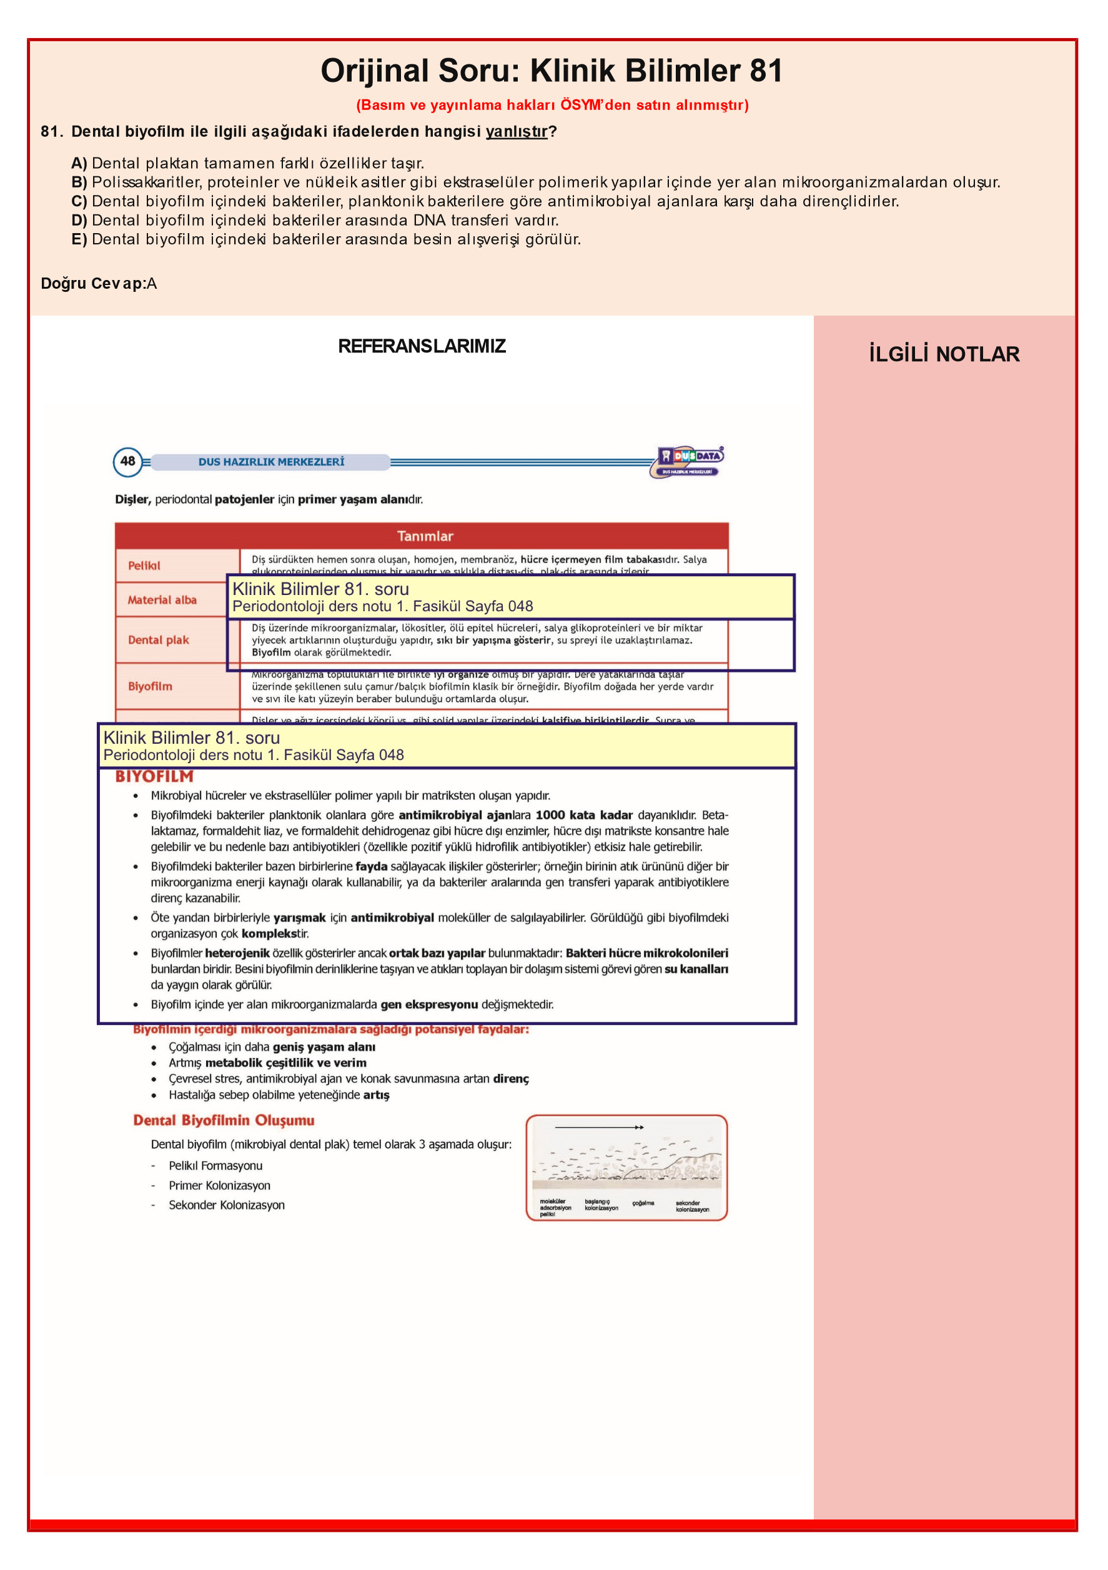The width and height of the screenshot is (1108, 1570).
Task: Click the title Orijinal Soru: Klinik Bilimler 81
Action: pos(551,71)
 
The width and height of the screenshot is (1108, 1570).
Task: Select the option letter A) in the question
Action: pos(79,163)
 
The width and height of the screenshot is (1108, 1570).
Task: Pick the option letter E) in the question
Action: pos(79,239)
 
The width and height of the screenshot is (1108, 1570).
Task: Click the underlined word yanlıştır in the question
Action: pos(516,131)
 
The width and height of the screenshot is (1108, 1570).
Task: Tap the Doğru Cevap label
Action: pos(93,284)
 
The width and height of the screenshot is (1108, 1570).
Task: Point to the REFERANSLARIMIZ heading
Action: pos(422,346)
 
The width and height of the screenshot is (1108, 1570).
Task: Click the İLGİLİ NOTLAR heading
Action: pos(943,354)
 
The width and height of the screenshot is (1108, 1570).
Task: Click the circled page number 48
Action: pos(128,462)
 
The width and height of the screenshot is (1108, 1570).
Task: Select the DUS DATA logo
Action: pos(689,462)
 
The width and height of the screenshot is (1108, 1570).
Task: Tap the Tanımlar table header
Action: pos(425,536)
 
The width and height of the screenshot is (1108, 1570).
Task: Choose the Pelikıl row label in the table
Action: pos(144,566)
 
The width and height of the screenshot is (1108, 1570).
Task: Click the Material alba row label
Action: pos(162,600)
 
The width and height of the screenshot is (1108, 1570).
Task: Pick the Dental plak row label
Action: pos(159,640)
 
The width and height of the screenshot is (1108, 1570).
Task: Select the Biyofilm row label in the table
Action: pos(151,686)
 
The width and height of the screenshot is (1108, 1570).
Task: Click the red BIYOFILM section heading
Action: pos(154,776)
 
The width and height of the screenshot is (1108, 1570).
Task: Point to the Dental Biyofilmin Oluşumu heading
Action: pos(224,1120)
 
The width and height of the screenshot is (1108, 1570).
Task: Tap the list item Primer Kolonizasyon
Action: pos(219,1185)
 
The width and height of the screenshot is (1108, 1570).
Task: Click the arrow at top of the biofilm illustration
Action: pos(599,1127)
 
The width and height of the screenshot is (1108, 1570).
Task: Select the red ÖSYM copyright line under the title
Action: pos(552,105)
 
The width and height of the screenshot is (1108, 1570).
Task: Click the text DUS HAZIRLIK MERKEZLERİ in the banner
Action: pos(271,462)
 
